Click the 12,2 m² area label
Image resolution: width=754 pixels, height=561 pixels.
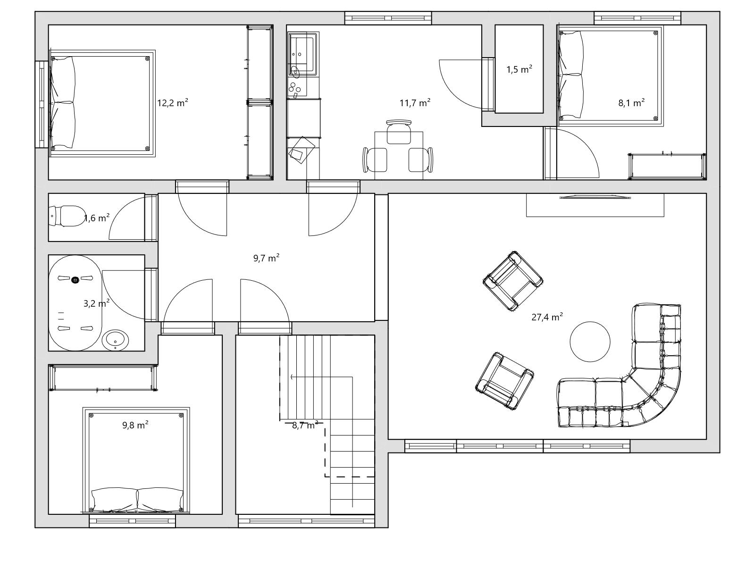pos(173,102)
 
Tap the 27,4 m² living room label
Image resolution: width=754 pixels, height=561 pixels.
pos(547,317)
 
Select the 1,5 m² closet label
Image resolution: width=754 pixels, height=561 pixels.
pos(519,69)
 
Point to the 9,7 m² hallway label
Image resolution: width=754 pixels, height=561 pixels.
pos(266,258)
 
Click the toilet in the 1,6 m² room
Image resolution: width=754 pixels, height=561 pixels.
pos(67,216)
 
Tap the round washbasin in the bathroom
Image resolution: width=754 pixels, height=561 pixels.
pos(115,340)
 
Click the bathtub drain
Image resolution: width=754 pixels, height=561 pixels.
pos(75,280)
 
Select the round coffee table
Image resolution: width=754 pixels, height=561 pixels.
pos(590,341)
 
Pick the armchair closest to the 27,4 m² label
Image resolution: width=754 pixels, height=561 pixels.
pos(512,281)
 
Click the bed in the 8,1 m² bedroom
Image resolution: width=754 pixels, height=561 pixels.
pos(610,76)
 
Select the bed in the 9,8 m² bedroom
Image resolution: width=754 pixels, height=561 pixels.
pos(136,460)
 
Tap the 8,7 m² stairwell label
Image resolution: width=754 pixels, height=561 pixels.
pos(305,425)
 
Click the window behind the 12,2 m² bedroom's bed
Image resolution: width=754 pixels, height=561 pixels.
pos(42,104)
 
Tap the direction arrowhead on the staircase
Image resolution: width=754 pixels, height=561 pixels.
pos(292,377)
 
